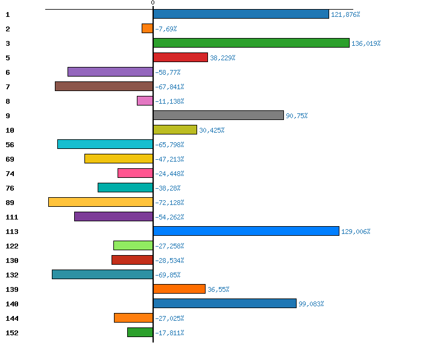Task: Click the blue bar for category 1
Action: pyautogui.click(x=241, y=14)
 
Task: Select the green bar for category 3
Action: pyautogui.click(x=251, y=43)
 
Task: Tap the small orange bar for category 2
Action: pyautogui.click(x=147, y=28)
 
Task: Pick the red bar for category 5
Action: pyautogui.click(x=180, y=57)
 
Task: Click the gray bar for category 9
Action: pyautogui.click(x=218, y=115)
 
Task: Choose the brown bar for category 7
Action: pyautogui.click(x=104, y=86)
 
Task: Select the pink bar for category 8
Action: pyautogui.click(x=145, y=101)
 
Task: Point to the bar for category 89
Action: pyautogui.click(x=101, y=202)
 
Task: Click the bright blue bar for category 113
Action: pyautogui.click(x=246, y=231)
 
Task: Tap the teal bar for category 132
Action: pyautogui.click(x=102, y=274)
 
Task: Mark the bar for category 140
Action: pyautogui.click(x=225, y=303)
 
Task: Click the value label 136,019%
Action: pyautogui.click(x=366, y=43)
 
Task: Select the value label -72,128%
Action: pyautogui.click(x=169, y=203)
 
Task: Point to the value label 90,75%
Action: pyautogui.click(x=297, y=116)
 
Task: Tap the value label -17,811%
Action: pyautogui.click(x=169, y=333)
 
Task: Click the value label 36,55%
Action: pyautogui.click(x=218, y=289)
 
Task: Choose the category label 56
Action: pyautogui.click(x=10, y=145)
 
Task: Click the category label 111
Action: pyautogui.click(x=11, y=217)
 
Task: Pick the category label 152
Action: pyautogui.click(x=11, y=333)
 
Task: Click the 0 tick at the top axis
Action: pyautogui.click(x=153, y=3)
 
